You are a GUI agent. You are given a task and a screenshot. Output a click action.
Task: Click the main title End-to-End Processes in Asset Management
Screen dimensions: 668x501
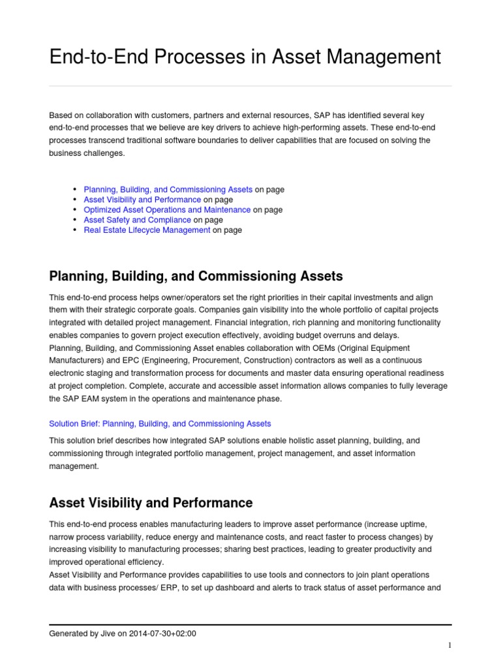(x=245, y=57)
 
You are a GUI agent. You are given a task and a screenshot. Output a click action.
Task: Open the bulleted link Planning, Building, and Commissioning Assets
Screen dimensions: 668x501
(x=168, y=190)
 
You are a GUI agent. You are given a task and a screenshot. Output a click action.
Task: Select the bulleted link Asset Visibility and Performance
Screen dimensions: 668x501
(x=142, y=200)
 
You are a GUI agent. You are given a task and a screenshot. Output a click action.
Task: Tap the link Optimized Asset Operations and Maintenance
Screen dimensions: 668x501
(x=167, y=210)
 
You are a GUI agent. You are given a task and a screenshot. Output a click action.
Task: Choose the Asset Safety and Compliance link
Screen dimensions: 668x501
(x=137, y=220)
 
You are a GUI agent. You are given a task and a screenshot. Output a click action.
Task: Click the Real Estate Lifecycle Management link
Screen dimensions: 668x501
(x=147, y=230)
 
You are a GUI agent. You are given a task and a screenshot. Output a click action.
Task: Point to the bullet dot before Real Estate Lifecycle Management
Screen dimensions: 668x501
(x=76, y=230)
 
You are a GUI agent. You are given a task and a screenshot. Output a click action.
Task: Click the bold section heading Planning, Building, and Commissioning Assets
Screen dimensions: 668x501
(x=196, y=276)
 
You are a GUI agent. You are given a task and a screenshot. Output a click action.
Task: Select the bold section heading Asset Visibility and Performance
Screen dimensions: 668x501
(x=151, y=503)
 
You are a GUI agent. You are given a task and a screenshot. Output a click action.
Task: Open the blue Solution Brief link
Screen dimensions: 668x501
(x=160, y=423)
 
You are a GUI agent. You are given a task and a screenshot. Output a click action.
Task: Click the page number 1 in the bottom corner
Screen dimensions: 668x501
(x=449, y=645)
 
